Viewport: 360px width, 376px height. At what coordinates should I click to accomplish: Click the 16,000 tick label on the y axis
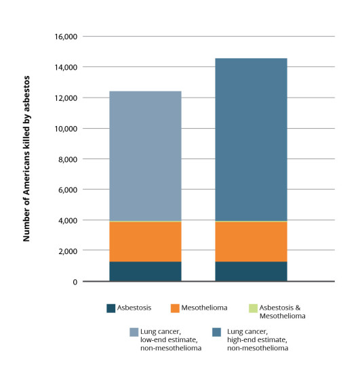(x=66, y=37)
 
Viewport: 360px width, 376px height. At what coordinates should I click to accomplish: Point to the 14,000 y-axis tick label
(x=66, y=67)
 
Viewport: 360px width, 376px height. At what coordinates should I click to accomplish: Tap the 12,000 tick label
(x=66, y=98)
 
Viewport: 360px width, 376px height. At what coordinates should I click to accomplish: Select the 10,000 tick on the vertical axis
(x=66, y=129)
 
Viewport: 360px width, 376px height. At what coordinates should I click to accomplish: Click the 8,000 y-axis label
(x=68, y=159)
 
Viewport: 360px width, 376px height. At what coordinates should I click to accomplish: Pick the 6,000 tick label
(x=68, y=190)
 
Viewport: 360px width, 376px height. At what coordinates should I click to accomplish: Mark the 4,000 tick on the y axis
(x=68, y=220)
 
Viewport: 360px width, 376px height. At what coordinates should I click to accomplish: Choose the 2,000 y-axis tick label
(x=68, y=251)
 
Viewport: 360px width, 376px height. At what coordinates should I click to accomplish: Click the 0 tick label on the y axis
(x=75, y=282)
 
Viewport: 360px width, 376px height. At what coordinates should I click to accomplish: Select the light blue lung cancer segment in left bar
(x=145, y=156)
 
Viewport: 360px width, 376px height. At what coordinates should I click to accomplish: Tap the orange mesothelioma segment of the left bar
(x=145, y=241)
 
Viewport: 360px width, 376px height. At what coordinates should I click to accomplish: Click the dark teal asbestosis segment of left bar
(x=145, y=271)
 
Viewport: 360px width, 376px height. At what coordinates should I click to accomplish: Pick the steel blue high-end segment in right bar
(x=251, y=140)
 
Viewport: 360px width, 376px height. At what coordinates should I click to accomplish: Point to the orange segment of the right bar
(x=251, y=241)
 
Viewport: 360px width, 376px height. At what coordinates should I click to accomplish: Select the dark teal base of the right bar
(x=251, y=271)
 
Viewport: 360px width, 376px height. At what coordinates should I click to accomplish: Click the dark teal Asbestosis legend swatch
(x=111, y=308)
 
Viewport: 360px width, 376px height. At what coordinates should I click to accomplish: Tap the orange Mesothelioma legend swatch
(x=175, y=308)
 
